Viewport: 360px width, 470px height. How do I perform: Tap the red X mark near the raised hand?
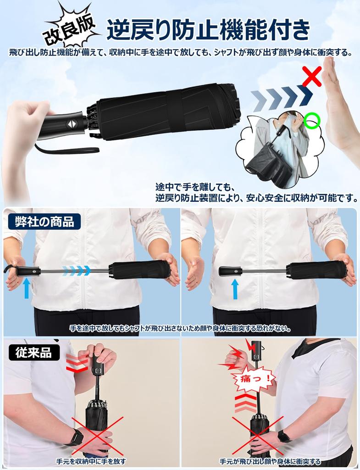coord(312,76)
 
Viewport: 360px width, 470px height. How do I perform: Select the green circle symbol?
coord(312,121)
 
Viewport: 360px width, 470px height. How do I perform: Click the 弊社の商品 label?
coord(44,222)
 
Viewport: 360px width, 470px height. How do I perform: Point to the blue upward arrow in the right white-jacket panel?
coord(235,289)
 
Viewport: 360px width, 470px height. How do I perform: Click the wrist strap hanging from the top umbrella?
coord(69,149)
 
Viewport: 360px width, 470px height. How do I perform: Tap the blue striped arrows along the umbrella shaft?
coord(77,271)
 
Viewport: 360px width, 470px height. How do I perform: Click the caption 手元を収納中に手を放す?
coord(91,461)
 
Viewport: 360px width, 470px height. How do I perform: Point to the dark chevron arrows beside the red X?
coord(281,97)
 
